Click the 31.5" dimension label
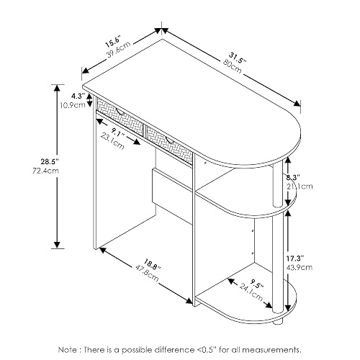238,58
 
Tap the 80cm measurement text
233,66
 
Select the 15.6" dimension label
112,42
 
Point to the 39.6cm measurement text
118,50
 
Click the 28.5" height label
50,162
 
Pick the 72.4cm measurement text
45,171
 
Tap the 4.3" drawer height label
78,96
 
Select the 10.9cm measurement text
73,105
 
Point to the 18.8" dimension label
152,264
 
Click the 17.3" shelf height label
295,258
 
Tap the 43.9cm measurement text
300,267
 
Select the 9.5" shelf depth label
257,284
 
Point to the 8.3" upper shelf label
293,178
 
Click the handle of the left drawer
120,112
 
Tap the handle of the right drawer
169,140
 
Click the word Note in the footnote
68,350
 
